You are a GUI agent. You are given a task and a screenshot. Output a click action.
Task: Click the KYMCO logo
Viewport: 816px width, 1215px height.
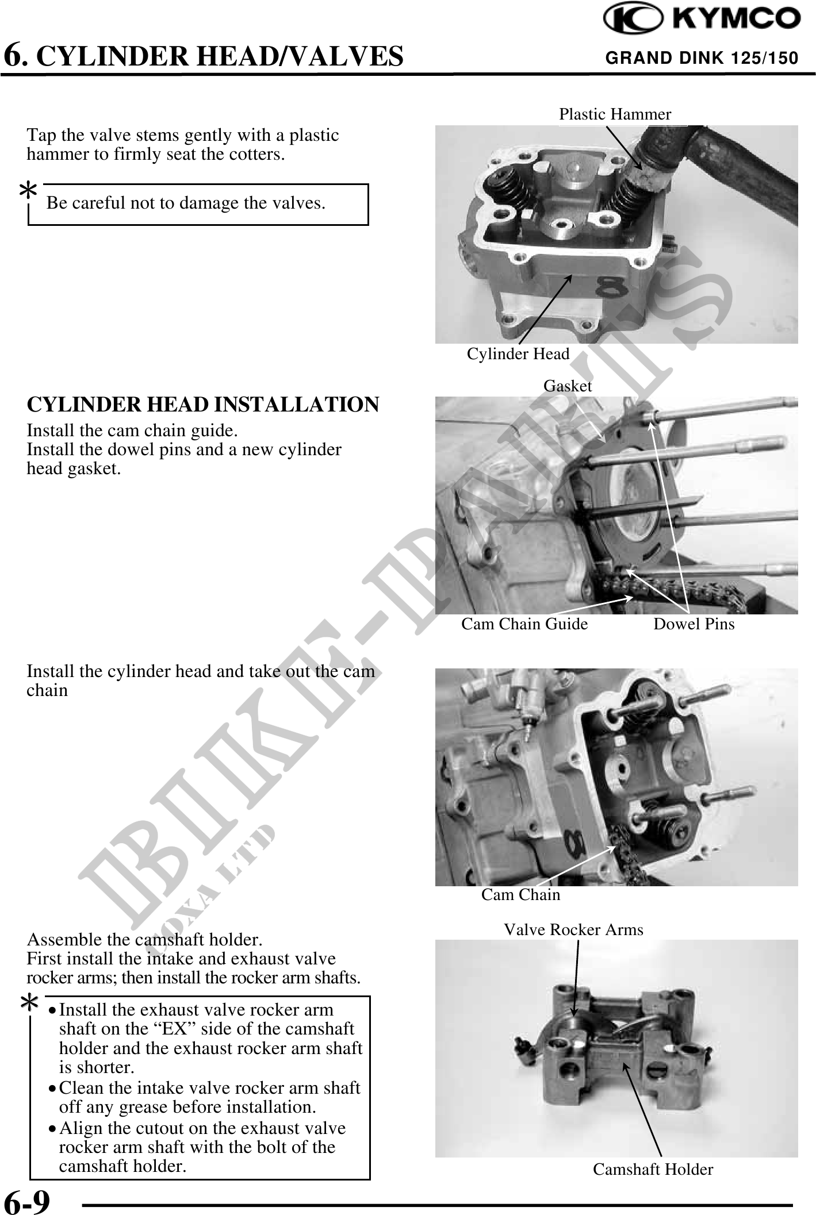click(702, 18)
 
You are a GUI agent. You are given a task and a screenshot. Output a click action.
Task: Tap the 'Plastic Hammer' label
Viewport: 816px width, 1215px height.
click(615, 114)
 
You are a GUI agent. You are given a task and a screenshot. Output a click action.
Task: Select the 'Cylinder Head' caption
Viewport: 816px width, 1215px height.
click(518, 354)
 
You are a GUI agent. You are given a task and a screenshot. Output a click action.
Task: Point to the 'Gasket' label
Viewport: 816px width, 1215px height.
click(568, 386)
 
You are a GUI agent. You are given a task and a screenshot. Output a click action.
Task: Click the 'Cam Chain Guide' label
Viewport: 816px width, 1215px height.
click(524, 624)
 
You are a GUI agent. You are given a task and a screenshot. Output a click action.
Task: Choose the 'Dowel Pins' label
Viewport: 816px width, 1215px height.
click(694, 624)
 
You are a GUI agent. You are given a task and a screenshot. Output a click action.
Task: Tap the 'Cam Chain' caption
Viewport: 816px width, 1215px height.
click(520, 894)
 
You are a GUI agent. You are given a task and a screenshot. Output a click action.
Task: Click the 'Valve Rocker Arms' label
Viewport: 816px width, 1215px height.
click(573, 929)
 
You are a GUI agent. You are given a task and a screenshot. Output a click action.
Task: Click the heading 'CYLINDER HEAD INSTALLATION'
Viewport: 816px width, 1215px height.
click(203, 405)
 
